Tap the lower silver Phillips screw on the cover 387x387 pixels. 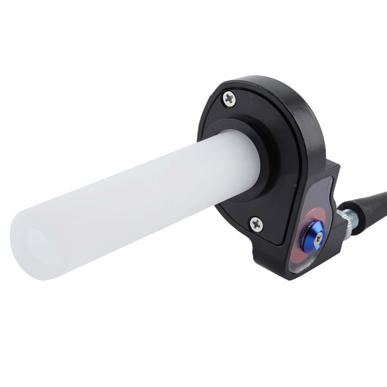click(257, 223)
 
